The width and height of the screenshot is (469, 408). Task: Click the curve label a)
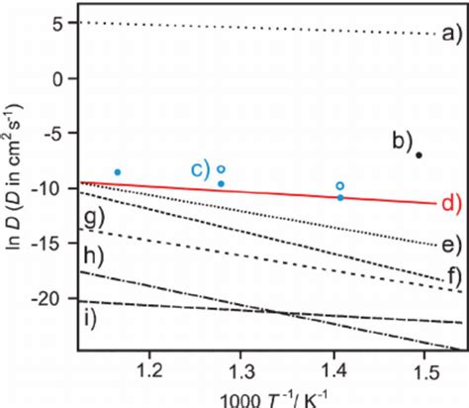(x=451, y=35)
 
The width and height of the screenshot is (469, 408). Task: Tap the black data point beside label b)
(x=420, y=154)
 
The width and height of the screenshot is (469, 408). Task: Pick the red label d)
(x=450, y=204)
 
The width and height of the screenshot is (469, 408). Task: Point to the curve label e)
(x=451, y=246)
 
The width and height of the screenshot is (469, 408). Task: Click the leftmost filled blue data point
(x=118, y=172)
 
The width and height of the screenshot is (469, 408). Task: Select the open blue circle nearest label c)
(x=222, y=169)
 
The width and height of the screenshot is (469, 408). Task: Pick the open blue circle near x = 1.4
(x=340, y=186)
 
